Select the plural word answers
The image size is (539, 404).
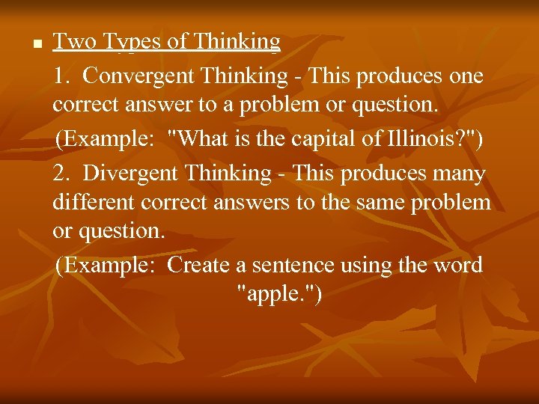click(x=244, y=203)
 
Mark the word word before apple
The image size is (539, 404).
click(x=457, y=265)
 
